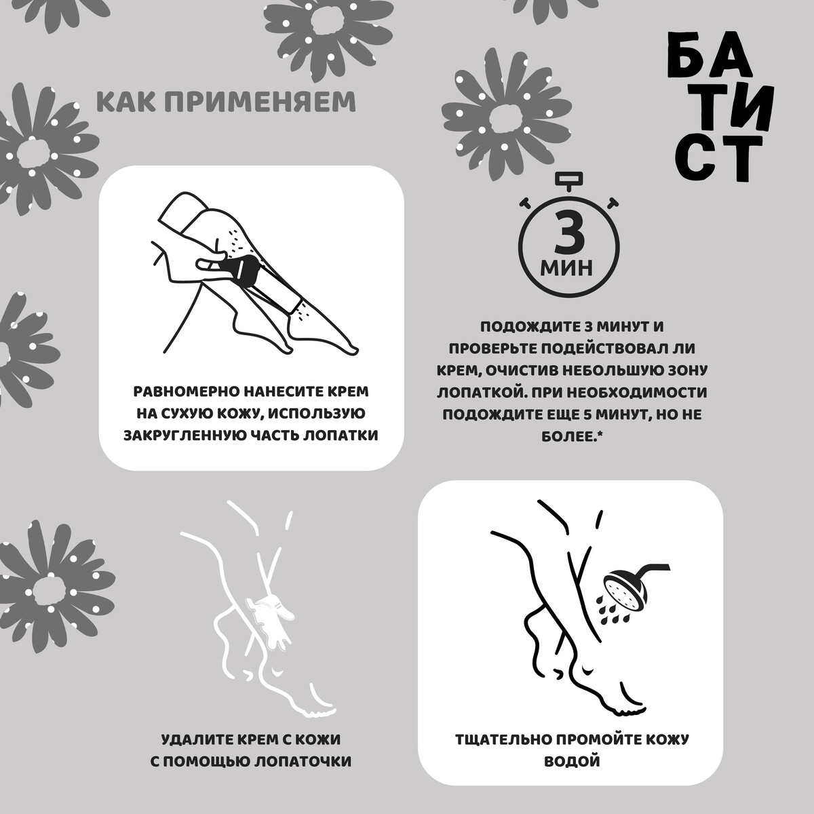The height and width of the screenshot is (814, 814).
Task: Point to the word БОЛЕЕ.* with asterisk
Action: [572, 436]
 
